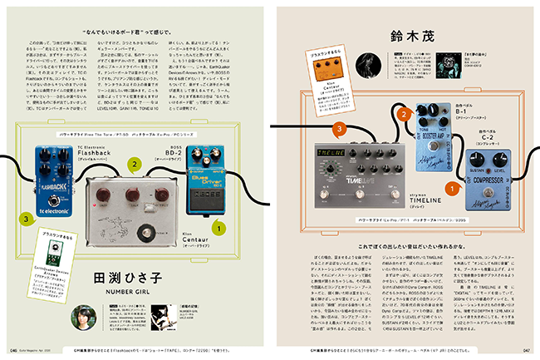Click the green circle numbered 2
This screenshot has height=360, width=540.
click(134, 165)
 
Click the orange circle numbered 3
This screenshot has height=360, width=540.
click(339, 128)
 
